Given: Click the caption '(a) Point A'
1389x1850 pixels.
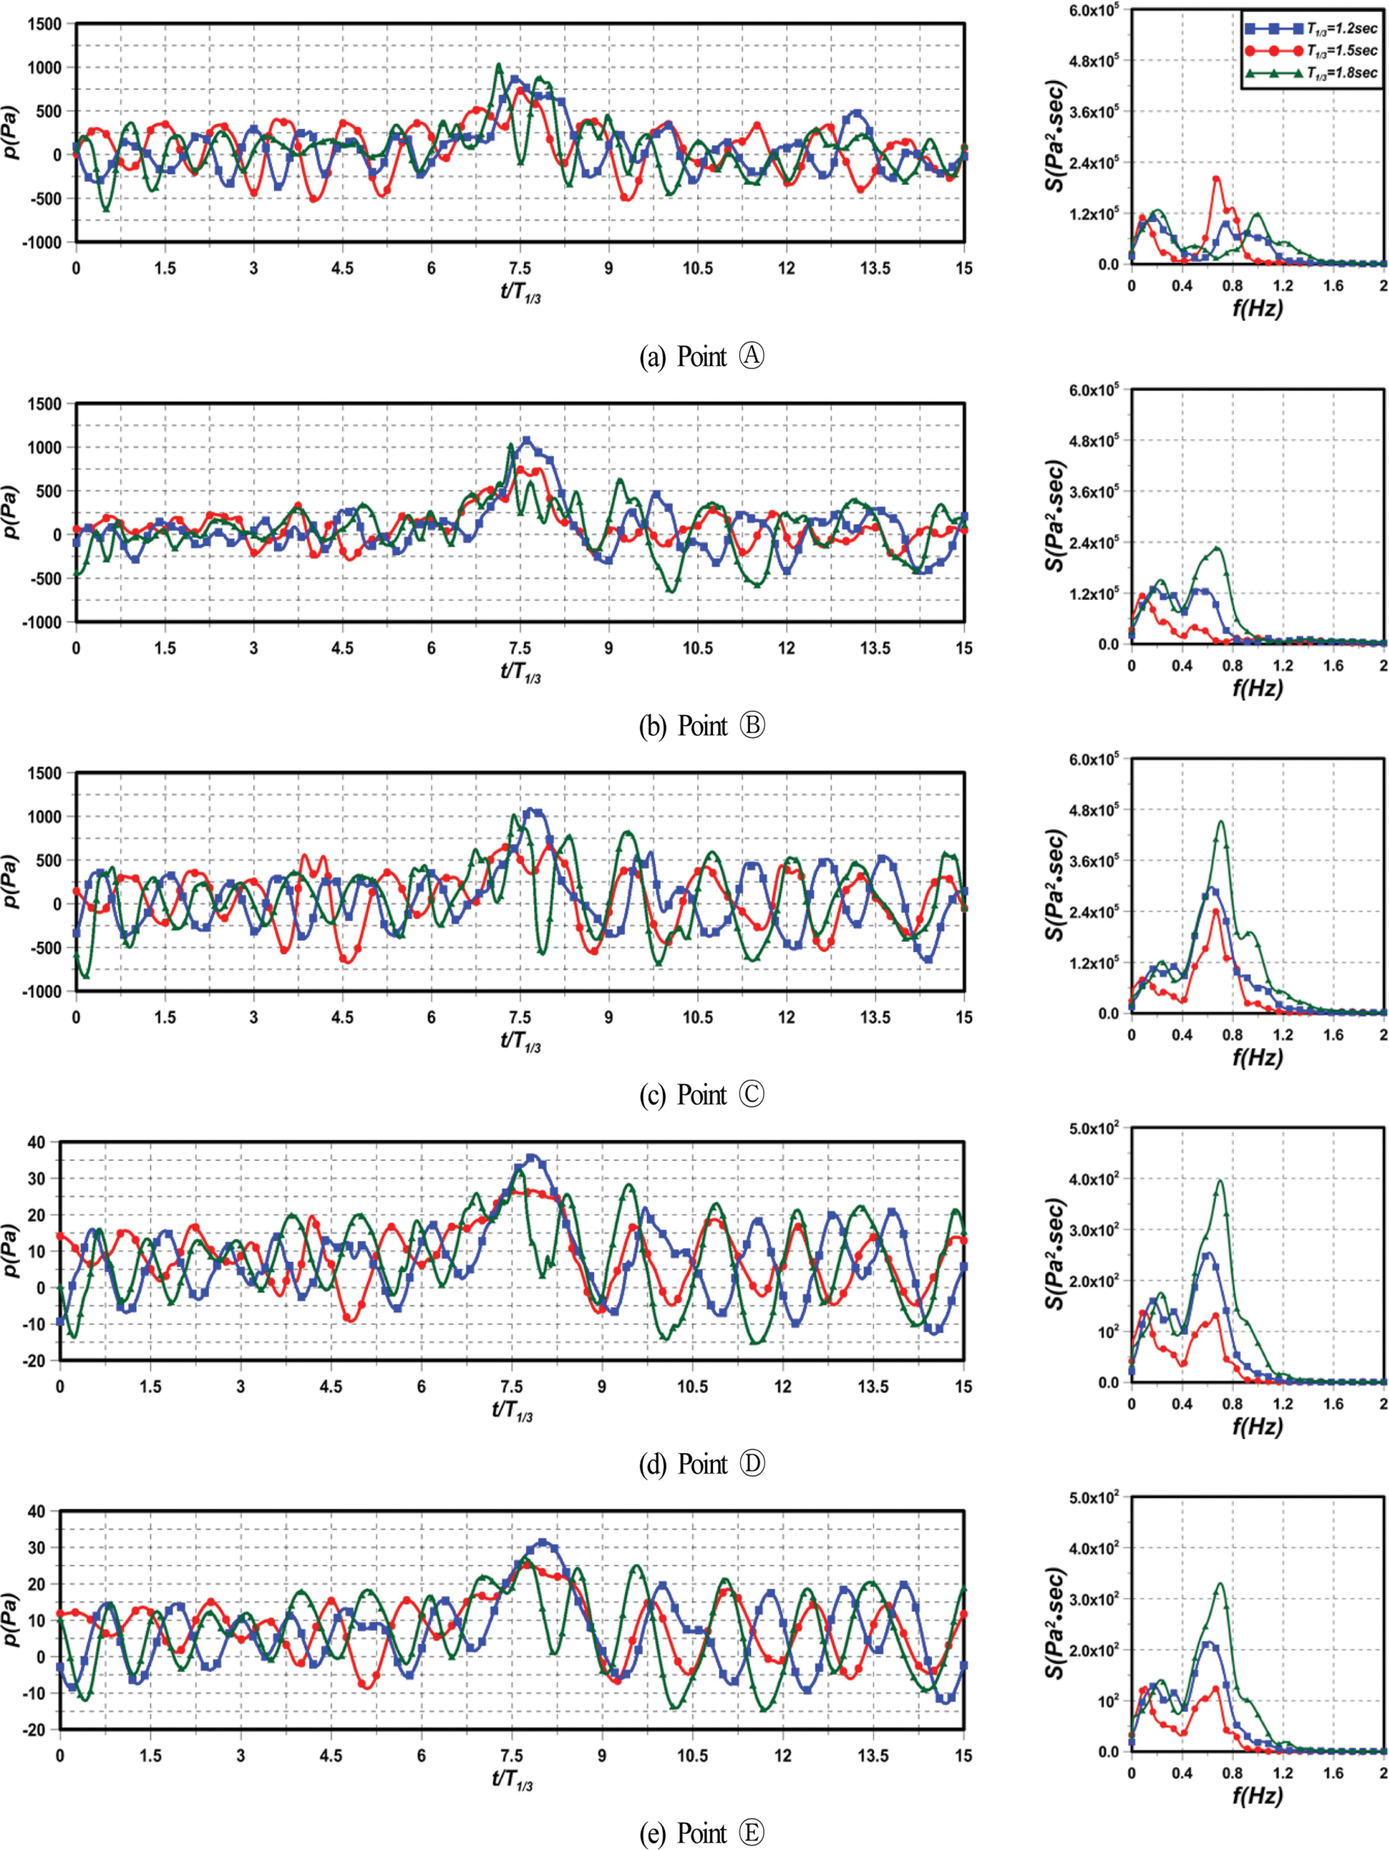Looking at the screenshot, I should [x=701, y=357].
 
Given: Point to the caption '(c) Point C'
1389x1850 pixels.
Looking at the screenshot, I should [x=701, y=1095].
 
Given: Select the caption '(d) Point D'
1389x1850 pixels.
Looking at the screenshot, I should [x=701, y=1465].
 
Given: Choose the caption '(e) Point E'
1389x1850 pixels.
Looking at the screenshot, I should [x=701, y=1833].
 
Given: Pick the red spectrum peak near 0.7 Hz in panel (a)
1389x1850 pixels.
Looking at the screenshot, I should [x=1216, y=178].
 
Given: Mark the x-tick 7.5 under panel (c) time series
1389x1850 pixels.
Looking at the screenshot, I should [x=519, y=1018].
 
